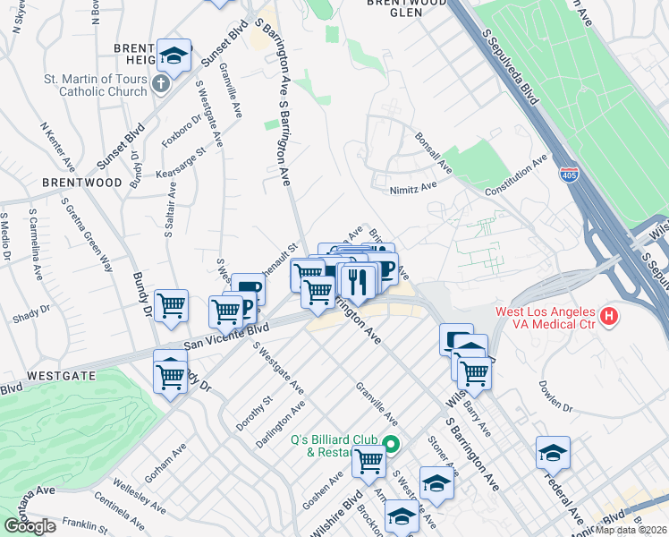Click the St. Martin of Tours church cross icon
tap(160, 85)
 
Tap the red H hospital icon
tap(609, 316)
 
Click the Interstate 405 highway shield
tap(568, 173)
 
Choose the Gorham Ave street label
tap(166, 461)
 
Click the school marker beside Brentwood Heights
tap(174, 55)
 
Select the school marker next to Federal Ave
tap(553, 454)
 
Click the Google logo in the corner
tap(30, 525)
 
